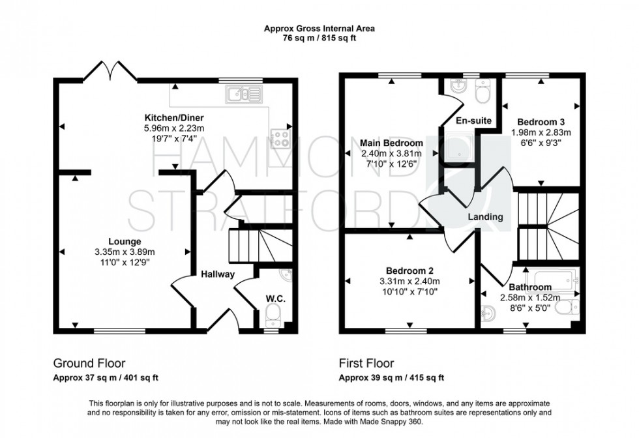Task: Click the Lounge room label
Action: (x=123, y=240)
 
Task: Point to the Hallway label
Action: (x=217, y=274)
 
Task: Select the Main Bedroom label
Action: (x=391, y=143)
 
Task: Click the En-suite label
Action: (x=468, y=121)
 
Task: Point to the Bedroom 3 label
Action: (x=541, y=121)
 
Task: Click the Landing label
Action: (x=484, y=216)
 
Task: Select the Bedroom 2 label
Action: (x=409, y=270)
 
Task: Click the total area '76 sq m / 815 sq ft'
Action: (x=319, y=38)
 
